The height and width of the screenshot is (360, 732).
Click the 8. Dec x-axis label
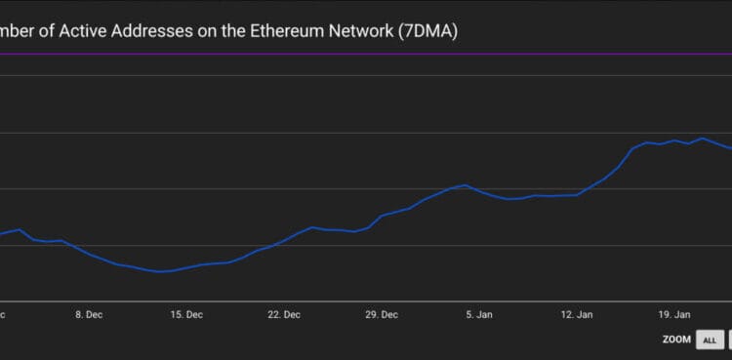click(x=89, y=315)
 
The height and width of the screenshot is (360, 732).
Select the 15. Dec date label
click(x=186, y=315)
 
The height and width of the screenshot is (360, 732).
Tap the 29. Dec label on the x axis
click(x=382, y=315)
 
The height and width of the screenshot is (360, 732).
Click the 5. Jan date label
click(x=479, y=315)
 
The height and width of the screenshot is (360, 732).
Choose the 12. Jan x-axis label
click(x=577, y=315)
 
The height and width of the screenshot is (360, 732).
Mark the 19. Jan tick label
click(x=674, y=315)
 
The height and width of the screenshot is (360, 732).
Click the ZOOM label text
click(x=675, y=340)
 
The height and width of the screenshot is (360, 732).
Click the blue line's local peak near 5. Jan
click(x=466, y=185)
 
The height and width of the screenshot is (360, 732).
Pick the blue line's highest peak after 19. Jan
click(x=702, y=139)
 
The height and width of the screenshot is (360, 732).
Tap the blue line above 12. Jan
click(x=577, y=195)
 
